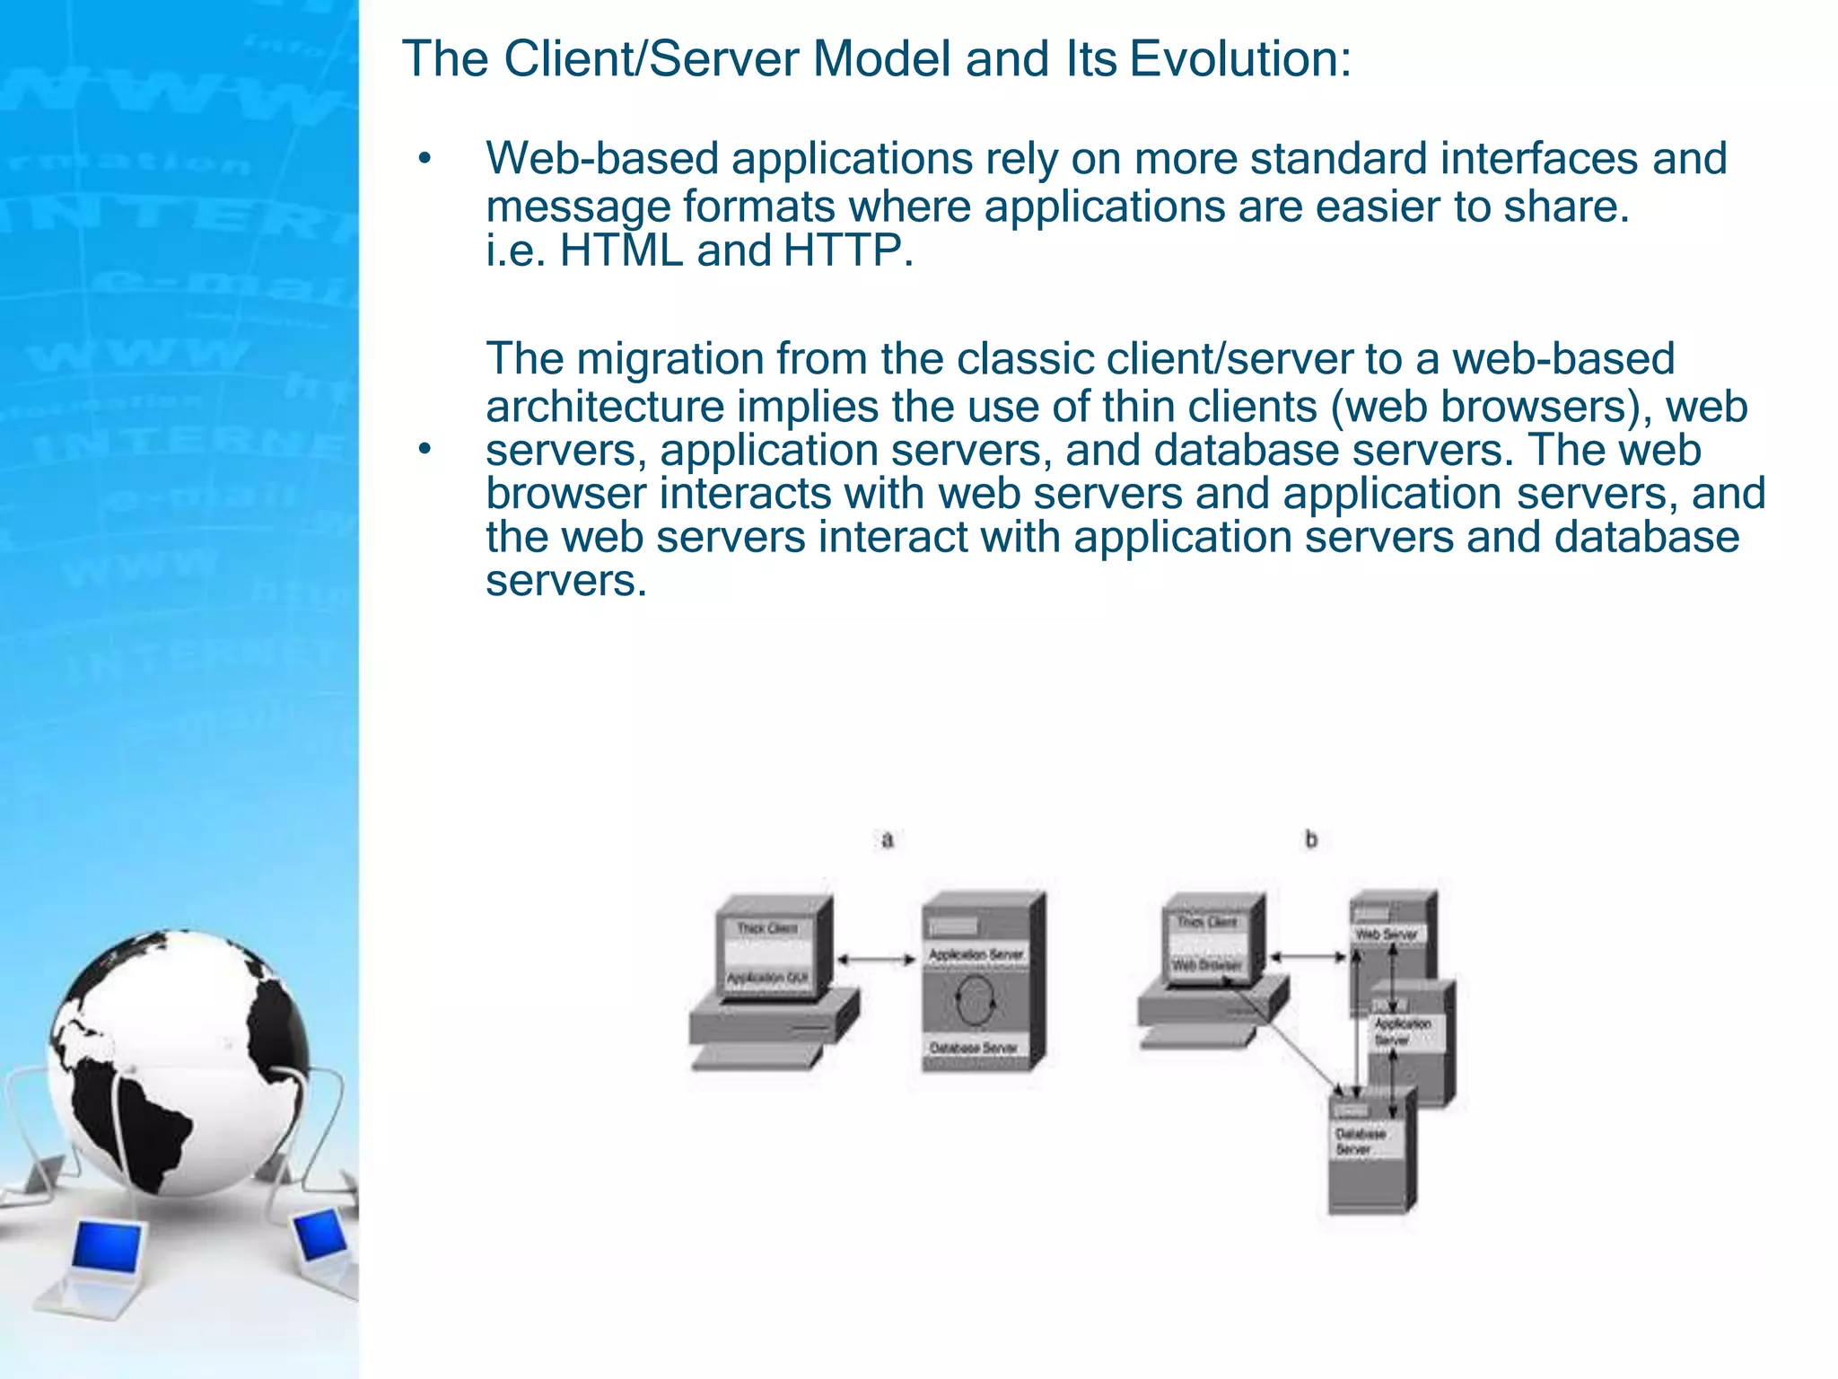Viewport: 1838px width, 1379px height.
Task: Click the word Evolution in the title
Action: (x=1239, y=59)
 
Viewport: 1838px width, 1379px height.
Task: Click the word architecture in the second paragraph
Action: (x=605, y=407)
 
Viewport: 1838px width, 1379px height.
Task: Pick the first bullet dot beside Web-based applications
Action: (x=424, y=161)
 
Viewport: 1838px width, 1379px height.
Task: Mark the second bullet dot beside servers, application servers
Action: (x=424, y=450)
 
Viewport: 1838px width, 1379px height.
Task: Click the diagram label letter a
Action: (x=888, y=840)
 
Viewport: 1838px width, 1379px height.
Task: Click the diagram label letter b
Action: (x=1311, y=840)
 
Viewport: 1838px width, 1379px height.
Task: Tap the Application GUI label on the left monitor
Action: (x=767, y=978)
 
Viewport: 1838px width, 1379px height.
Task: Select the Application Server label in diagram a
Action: (x=976, y=954)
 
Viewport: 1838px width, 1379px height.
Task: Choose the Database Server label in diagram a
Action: (x=974, y=1049)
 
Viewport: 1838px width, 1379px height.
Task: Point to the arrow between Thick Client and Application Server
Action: (x=876, y=960)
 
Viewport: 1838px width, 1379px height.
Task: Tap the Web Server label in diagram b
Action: (x=1387, y=935)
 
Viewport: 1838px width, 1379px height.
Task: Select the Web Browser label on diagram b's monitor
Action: (x=1207, y=966)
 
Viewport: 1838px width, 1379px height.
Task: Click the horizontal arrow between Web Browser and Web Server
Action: (x=1308, y=957)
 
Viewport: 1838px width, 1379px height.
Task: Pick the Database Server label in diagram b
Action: (x=1360, y=1141)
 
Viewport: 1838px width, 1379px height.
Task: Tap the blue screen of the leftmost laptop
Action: (x=108, y=1246)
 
